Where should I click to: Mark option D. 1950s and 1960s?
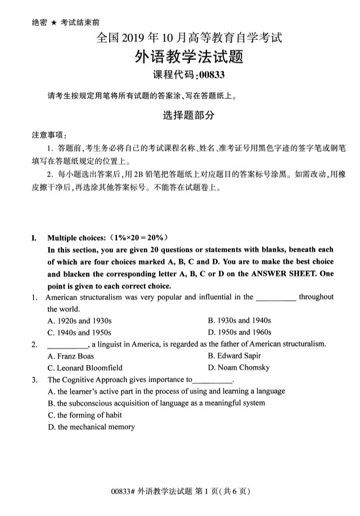239,332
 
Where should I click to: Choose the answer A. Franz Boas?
71,356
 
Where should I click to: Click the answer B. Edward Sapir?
234,356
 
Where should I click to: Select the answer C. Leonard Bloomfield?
85,368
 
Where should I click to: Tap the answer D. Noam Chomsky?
238,368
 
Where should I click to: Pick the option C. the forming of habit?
84,415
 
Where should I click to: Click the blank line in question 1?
276,298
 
